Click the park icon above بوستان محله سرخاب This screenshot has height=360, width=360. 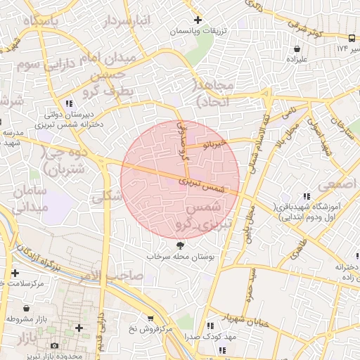(x=180, y=245)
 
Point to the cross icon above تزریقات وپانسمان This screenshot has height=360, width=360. (x=198, y=20)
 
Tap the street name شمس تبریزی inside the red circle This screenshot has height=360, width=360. (x=205, y=184)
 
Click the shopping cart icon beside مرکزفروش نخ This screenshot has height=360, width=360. (x=149, y=319)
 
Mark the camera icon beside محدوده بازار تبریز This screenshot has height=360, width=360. (x=55, y=345)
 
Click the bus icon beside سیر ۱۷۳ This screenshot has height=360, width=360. (x=351, y=37)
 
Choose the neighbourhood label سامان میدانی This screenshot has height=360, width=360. (x=29, y=199)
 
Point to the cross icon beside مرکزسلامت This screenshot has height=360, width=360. (x=15, y=273)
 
